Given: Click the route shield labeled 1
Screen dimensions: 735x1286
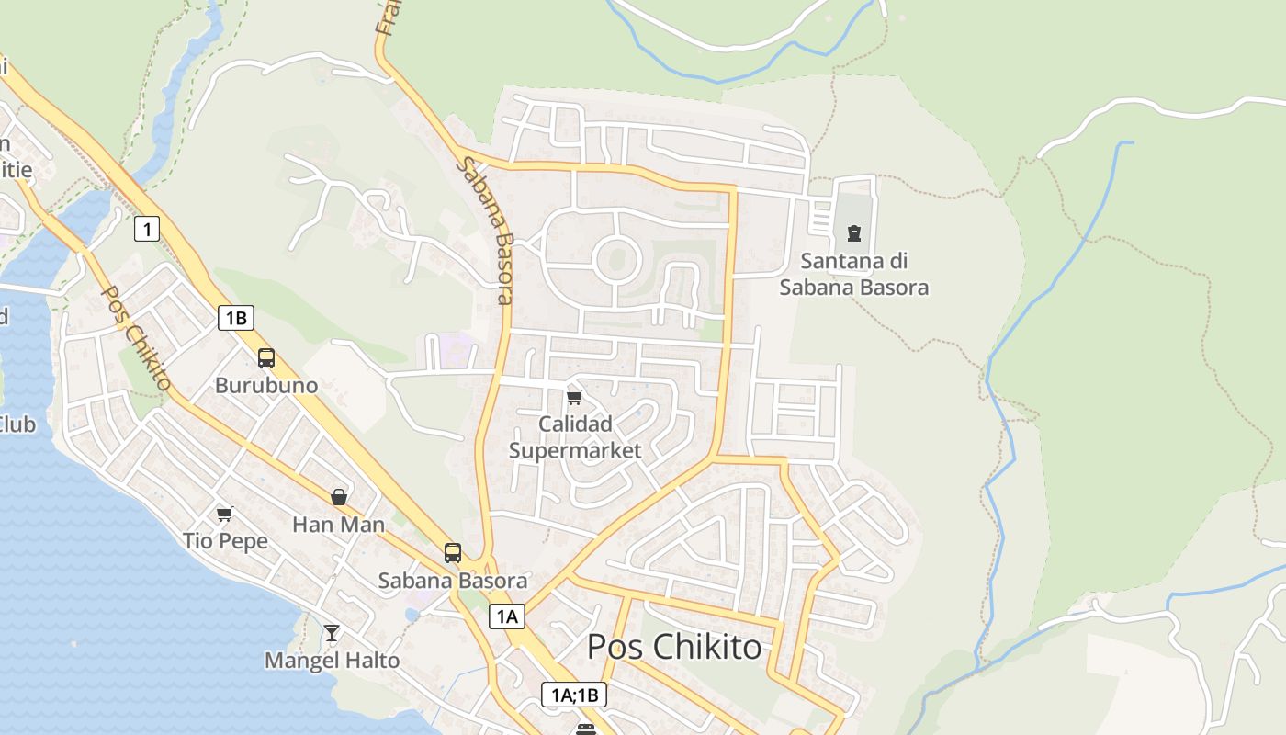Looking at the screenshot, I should click(x=147, y=228).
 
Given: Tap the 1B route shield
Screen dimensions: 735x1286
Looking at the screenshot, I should click(x=235, y=318).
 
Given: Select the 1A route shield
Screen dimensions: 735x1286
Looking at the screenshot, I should click(x=506, y=616).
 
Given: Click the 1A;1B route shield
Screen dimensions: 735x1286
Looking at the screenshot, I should click(x=574, y=695).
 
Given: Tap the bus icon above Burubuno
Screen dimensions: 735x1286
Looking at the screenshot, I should click(x=266, y=358).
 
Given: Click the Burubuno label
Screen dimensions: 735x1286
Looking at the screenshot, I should click(x=266, y=385).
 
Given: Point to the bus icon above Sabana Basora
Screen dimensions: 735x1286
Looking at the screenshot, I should click(x=453, y=552).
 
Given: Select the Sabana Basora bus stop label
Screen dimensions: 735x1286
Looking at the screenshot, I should click(x=453, y=581).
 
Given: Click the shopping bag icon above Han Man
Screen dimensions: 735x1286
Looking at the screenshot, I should click(x=339, y=497).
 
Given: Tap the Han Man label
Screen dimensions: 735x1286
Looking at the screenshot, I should click(x=338, y=525).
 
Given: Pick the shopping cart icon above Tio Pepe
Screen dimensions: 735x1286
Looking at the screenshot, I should click(x=225, y=514).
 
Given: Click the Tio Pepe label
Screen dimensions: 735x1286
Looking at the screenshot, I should click(x=225, y=540).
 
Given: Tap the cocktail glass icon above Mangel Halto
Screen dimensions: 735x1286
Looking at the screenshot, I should click(x=332, y=633).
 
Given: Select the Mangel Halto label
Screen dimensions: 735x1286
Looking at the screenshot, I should click(x=332, y=661).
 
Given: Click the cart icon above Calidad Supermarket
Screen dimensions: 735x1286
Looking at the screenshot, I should click(x=575, y=397).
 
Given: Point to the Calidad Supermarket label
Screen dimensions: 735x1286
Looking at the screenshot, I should click(x=575, y=437).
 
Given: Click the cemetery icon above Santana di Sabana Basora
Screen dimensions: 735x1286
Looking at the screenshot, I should click(x=854, y=233).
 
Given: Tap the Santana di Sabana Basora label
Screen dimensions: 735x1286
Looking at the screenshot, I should click(x=854, y=274).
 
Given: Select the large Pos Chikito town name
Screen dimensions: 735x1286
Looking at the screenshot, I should click(x=674, y=647).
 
